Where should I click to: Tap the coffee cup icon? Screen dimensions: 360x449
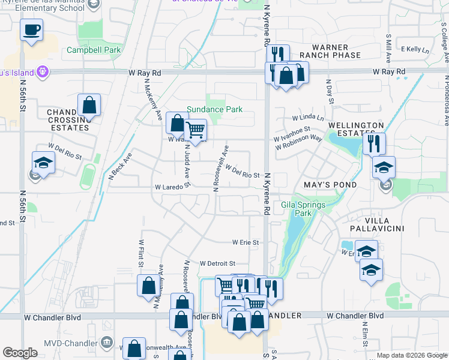pyautogui.click(x=31, y=29)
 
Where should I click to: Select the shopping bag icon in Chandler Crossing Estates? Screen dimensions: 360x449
pyautogui.click(x=89, y=104)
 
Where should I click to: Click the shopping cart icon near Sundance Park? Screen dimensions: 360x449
pyautogui.click(x=196, y=128)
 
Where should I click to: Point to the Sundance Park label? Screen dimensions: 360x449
pyautogui.click(x=214, y=110)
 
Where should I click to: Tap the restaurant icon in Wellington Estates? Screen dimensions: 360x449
pyautogui.click(x=373, y=143)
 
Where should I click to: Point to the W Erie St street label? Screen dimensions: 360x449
pyautogui.click(x=246, y=242)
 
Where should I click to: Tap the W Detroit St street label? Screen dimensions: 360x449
pyautogui.click(x=217, y=263)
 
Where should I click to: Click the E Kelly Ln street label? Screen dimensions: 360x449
pyautogui.click(x=415, y=49)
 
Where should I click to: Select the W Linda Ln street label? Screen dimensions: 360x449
pyautogui.click(x=308, y=118)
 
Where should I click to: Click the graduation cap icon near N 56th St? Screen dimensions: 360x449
pyautogui.click(x=43, y=163)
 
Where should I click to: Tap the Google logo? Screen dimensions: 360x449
pyautogui.click(x=20, y=353)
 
